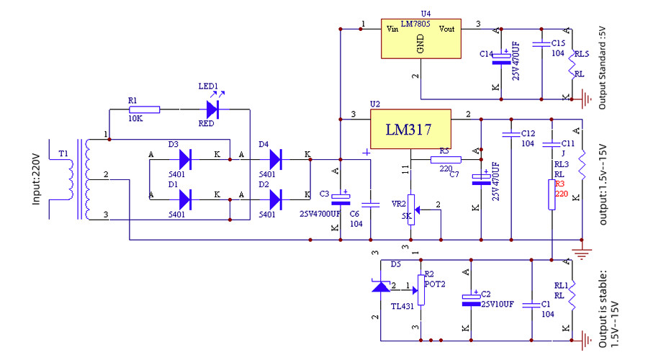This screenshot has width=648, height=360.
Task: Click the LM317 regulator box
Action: tap(410, 130)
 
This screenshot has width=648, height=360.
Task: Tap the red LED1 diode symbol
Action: tap(212, 109)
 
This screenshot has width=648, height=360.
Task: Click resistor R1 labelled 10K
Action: tap(144, 109)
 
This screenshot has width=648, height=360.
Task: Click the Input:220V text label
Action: tap(37, 179)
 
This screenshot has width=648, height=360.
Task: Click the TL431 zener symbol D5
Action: tap(379, 287)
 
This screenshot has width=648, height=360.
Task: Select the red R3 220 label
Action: tap(562, 189)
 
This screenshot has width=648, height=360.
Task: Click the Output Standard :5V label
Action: tap(603, 68)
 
